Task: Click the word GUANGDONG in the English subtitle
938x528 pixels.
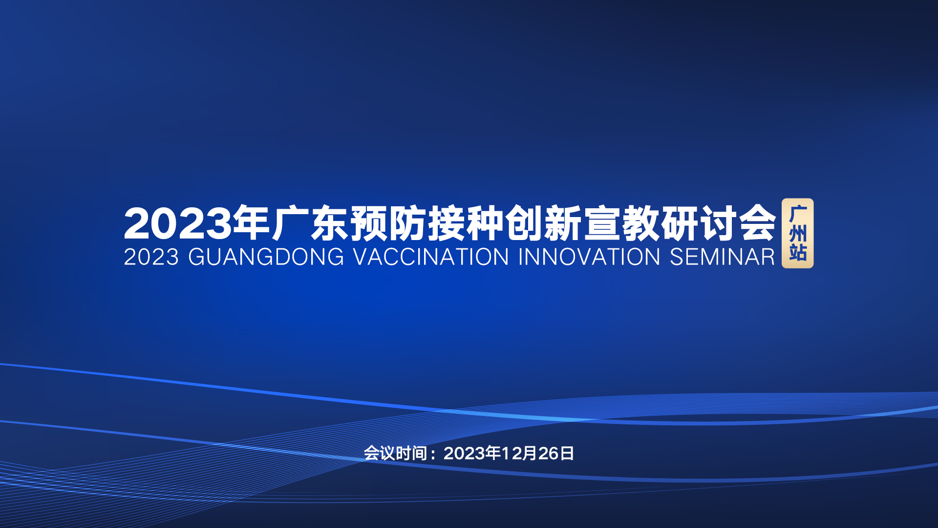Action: (266, 257)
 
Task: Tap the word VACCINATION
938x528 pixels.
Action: (431, 257)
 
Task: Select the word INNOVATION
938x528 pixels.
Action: (589, 257)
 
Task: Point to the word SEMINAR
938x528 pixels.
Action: (722, 257)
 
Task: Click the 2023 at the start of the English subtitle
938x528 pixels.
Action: (151, 257)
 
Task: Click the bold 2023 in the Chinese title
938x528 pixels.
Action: (178, 223)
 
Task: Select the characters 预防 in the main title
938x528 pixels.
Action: (388, 223)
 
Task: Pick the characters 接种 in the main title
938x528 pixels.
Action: (466, 223)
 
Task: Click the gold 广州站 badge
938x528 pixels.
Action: (798, 233)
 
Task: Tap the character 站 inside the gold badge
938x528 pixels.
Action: (798, 253)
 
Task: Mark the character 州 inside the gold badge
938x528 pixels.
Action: (798, 234)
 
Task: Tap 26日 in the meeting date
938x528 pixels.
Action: (556, 453)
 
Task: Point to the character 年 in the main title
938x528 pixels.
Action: (252, 223)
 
